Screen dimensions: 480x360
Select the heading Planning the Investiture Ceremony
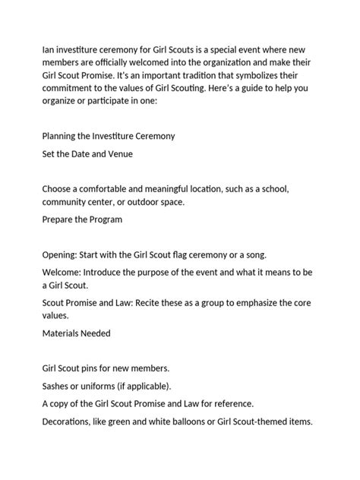pyautogui.click(x=109, y=136)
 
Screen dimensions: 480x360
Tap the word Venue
pyautogui.click(x=118, y=155)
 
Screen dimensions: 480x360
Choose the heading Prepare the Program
pyautogui.click(x=82, y=219)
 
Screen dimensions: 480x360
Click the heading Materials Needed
pyautogui.click(x=76, y=333)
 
